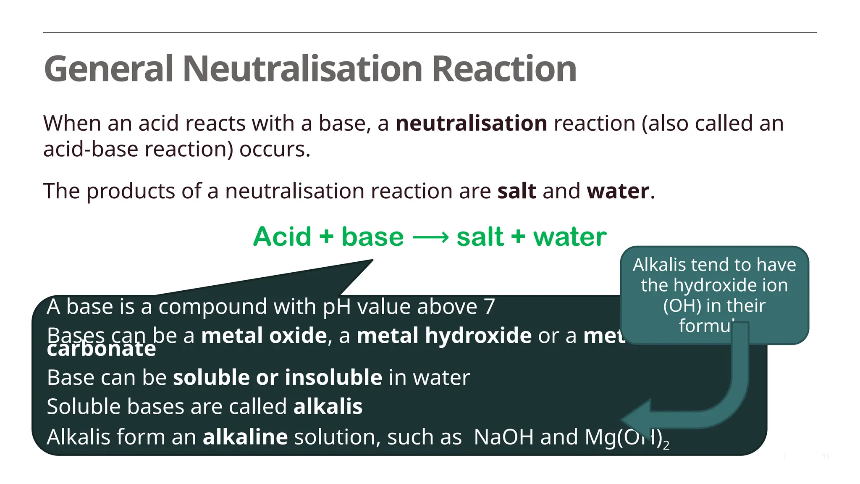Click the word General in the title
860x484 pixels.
[x=108, y=69]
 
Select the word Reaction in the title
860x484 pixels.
[x=504, y=69]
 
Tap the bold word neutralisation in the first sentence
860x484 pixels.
[x=471, y=124]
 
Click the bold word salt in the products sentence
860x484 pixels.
[x=517, y=191]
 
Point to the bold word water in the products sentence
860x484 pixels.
[x=618, y=191]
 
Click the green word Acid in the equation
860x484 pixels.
[x=282, y=237]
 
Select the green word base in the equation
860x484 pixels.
[x=372, y=237]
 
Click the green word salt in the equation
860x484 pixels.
[x=480, y=237]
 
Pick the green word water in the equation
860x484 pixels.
[x=570, y=237]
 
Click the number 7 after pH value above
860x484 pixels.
[x=489, y=307]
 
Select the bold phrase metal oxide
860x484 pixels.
[x=264, y=336]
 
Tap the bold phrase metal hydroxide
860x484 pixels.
[x=444, y=336]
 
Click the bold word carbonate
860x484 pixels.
[x=101, y=350]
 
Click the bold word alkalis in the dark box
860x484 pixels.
[x=328, y=407]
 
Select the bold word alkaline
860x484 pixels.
[x=245, y=437]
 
